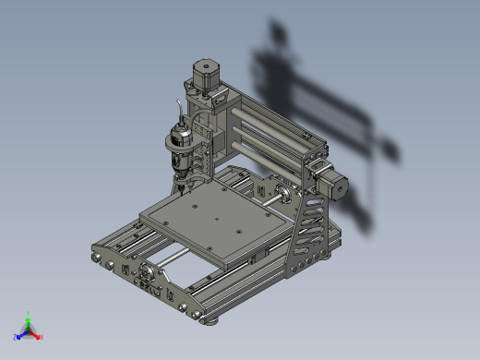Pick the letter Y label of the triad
pos(29,312)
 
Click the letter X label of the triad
pos(42,338)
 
